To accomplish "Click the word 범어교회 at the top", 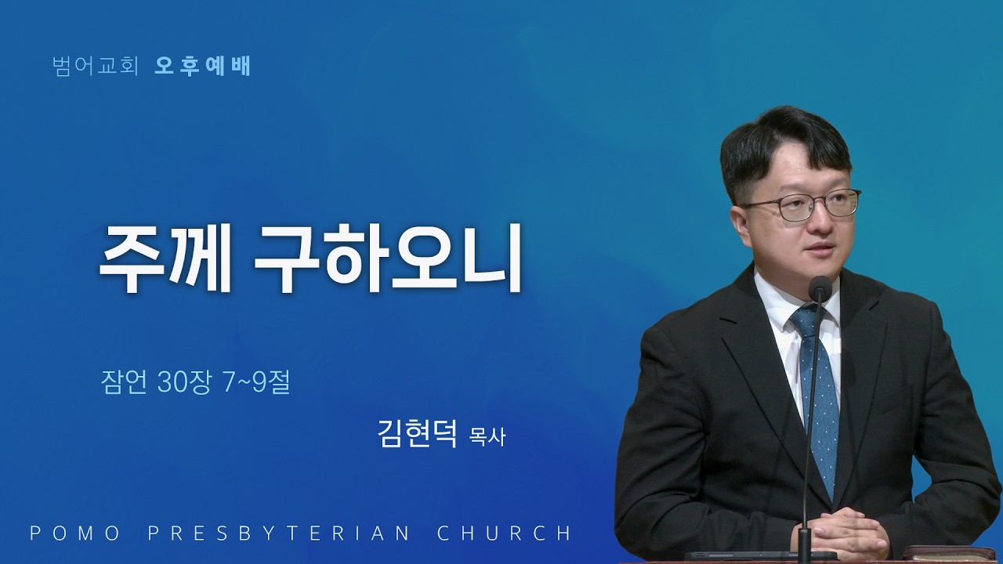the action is click(95, 67).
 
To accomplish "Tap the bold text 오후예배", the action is click(202, 67).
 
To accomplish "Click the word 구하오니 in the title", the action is click(388, 258).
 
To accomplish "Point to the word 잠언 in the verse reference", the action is click(124, 383).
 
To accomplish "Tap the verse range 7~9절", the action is click(256, 383).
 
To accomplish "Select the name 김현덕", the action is click(418, 433).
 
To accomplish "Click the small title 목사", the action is click(487, 437).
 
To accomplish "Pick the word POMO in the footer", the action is click(74, 533).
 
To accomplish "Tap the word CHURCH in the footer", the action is click(504, 533).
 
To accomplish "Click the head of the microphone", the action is click(820, 287).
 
